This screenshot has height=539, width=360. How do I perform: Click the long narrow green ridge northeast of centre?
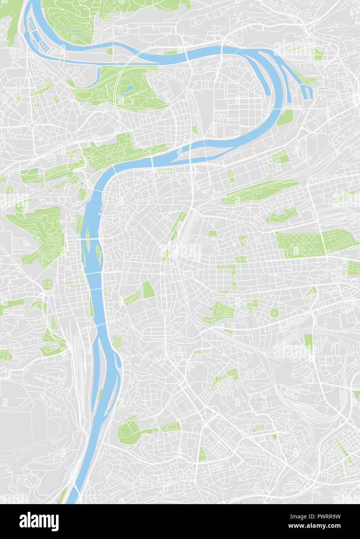tap(260, 193)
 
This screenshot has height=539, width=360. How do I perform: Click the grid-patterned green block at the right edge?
tap(353, 268)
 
